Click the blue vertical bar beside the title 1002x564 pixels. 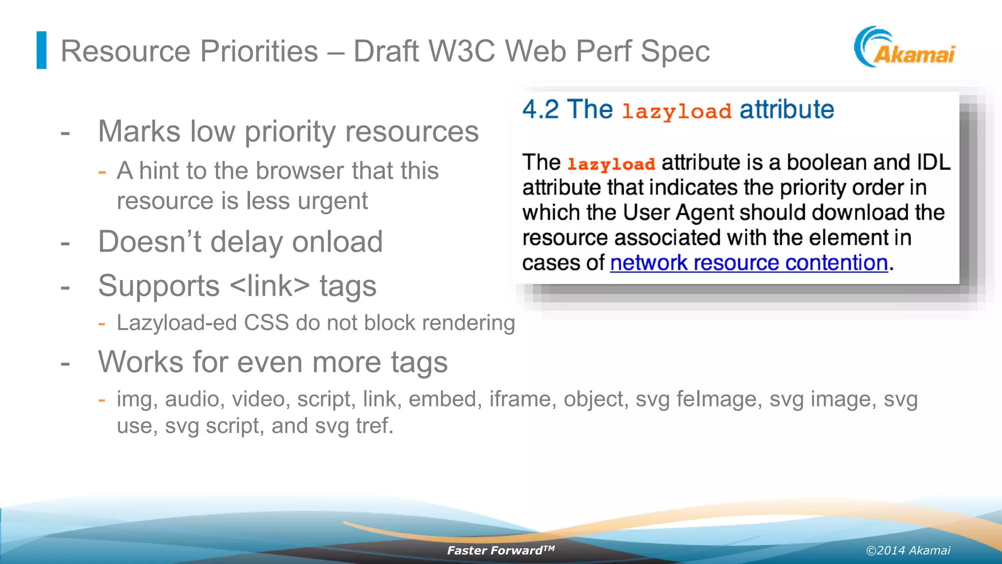42,50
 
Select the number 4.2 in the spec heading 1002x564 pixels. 540,109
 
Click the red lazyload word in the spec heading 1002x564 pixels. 676,112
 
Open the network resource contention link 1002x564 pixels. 749,263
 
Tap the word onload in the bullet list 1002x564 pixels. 337,242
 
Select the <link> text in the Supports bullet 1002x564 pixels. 270,286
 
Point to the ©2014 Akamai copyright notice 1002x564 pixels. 908,551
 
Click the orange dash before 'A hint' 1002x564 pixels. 102,172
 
